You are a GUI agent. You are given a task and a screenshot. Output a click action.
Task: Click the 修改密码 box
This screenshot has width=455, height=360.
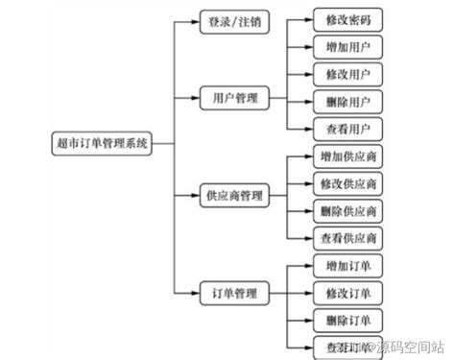click(347, 19)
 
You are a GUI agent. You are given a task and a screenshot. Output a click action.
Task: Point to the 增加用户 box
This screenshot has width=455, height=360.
click(347, 46)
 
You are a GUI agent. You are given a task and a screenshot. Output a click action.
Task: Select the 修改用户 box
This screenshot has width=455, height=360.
click(347, 73)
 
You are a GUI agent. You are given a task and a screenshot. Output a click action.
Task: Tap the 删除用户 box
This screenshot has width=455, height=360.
click(347, 100)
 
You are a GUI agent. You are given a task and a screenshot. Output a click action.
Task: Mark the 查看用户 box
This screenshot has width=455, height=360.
click(347, 127)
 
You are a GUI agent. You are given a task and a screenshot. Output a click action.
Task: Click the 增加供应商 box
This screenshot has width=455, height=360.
click(347, 156)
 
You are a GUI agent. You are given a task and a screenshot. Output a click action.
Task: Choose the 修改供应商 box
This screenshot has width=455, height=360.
click(347, 182)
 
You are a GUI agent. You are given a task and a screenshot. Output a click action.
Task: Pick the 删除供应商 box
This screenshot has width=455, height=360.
click(347, 210)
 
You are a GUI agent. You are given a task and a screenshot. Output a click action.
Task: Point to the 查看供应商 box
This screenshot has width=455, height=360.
click(347, 237)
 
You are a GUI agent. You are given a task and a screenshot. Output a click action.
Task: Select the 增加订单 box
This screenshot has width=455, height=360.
click(347, 264)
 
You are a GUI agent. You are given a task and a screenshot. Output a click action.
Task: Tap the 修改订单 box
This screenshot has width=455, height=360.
click(347, 291)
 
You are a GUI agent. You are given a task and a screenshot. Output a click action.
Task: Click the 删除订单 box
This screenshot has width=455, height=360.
click(347, 319)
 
